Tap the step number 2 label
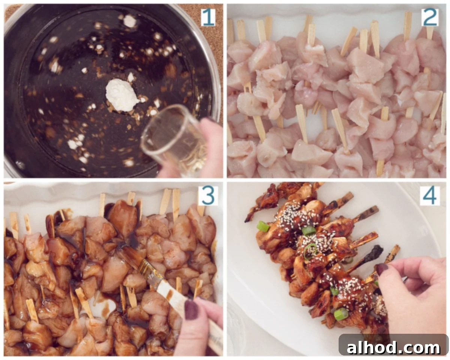(430, 17)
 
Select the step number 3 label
(208, 196)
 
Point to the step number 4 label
(430, 196)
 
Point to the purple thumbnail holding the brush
(191, 310)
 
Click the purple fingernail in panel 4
(382, 269)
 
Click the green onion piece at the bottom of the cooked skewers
(341, 314)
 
